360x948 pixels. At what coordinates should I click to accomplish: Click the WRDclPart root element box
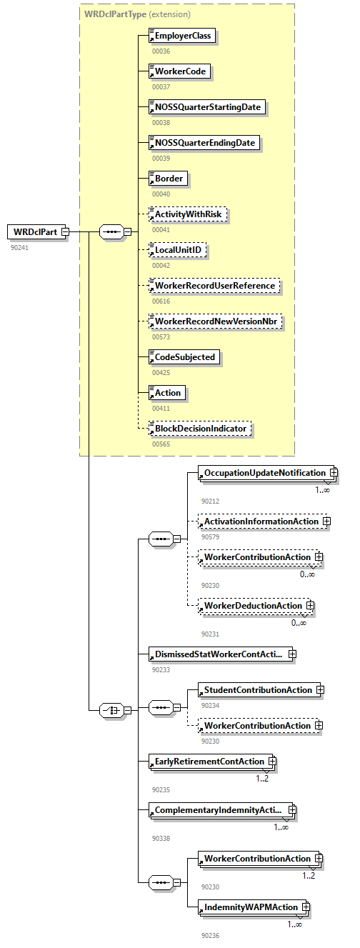point(35,231)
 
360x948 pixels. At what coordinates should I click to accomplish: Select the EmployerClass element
point(182,36)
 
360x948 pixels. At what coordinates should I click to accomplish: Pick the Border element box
point(168,179)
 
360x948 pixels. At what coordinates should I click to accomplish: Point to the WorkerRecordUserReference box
point(214,286)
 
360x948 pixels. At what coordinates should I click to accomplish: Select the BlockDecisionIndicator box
point(200,429)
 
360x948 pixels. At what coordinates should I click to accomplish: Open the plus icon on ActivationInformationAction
point(326,522)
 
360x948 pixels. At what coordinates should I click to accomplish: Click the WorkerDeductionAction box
point(252,606)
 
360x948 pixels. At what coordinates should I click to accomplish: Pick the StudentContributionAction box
point(257,690)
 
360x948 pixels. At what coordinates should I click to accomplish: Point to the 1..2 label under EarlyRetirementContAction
point(262,778)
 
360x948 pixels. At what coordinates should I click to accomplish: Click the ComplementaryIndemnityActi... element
point(218,810)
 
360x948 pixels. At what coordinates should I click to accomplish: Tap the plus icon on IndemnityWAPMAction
point(306,907)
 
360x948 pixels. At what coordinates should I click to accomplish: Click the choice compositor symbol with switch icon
point(111,710)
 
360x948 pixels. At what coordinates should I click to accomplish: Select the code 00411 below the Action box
point(161,408)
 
